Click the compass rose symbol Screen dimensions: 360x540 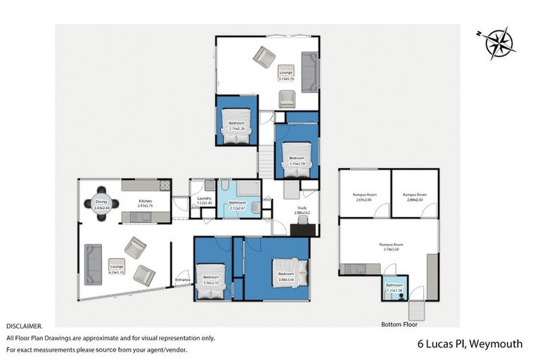[500, 42]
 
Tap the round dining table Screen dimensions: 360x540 [101, 203]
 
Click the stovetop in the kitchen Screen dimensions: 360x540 [165, 186]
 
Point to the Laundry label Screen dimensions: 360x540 [205, 200]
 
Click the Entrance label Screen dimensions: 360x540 [183, 281]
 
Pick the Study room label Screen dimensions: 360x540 [302, 209]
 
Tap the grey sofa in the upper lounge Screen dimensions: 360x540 [309, 71]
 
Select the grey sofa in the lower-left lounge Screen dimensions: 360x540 [93, 264]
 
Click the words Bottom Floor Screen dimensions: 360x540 [399, 325]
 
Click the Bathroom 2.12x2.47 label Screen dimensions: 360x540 [238, 206]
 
